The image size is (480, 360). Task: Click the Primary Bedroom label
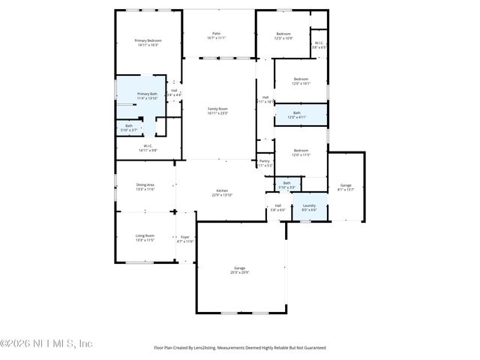point(148,43)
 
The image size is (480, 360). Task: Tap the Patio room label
point(216,35)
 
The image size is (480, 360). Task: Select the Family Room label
point(217,111)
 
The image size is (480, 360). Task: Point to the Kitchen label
point(223,193)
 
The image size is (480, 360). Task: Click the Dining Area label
point(145,187)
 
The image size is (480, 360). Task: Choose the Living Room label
point(145,238)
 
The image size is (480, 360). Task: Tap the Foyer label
point(184,238)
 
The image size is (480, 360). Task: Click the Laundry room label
point(309,207)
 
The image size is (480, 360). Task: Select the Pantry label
point(264,163)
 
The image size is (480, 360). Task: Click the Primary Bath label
point(148,96)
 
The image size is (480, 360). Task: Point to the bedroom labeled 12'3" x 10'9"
point(283,35)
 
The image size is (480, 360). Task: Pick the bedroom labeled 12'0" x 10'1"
point(301,81)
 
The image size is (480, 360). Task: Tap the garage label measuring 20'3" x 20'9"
point(240,270)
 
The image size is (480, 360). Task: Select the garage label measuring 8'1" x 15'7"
point(346,187)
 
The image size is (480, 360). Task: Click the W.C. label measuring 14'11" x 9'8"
point(147,148)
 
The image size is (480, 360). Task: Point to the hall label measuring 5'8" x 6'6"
point(277,207)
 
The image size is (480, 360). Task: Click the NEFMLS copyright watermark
point(46,343)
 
